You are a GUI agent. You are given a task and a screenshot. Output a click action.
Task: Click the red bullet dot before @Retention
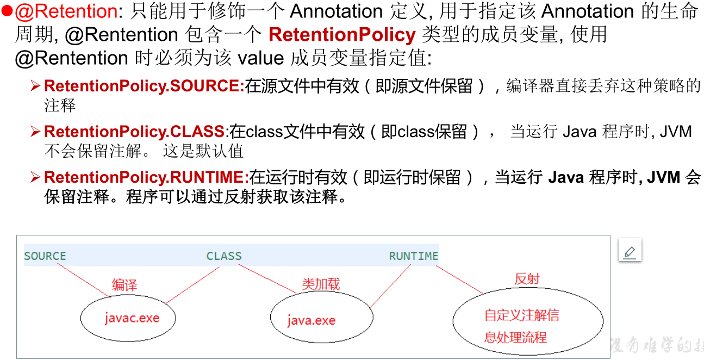pos(7,11)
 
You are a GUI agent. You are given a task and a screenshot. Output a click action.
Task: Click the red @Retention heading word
pos(66,11)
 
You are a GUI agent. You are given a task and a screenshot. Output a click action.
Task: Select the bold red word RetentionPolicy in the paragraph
pos(342,35)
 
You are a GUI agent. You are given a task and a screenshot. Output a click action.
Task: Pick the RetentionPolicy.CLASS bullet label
pos(134,132)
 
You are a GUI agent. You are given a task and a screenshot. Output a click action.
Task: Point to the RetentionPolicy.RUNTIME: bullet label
pos(146,177)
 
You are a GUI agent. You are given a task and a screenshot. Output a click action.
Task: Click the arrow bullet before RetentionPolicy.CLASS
pos(35,132)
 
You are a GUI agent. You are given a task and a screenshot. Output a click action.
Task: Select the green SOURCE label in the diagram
pos(45,256)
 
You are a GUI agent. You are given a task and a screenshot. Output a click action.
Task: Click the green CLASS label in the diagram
pos(224,256)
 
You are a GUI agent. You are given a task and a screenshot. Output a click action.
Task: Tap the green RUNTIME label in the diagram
pos(413,256)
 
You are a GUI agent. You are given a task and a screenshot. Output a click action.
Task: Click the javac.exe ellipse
pos(128,318)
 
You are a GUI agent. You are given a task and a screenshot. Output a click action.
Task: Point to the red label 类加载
pos(321,284)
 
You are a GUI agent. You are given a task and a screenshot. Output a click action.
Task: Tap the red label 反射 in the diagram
pos(527,279)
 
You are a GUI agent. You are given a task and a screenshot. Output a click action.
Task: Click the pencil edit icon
pos(630,252)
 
